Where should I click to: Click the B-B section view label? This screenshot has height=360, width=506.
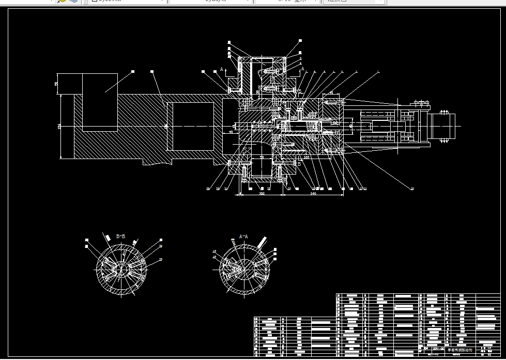click(120, 236)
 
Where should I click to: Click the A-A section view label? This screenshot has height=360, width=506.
click(243, 236)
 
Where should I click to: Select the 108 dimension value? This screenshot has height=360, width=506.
click(261, 193)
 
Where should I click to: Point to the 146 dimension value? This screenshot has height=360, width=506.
click(313, 193)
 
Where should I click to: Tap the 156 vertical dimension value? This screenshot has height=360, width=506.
click(59, 126)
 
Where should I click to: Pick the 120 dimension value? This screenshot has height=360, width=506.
click(306, 157)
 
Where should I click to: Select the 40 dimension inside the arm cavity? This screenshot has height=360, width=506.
click(231, 132)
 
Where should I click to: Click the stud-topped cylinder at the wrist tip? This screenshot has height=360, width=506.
click(443, 125)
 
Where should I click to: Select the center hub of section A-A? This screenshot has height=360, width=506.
click(244, 269)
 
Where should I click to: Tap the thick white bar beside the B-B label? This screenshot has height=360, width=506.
click(108, 238)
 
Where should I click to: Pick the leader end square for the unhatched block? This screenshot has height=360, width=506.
click(133, 71)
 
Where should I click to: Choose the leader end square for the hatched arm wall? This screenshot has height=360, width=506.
click(152, 71)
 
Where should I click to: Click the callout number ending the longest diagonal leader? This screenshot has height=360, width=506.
click(412, 189)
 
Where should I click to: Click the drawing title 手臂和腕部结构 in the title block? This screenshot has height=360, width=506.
click(459, 350)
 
